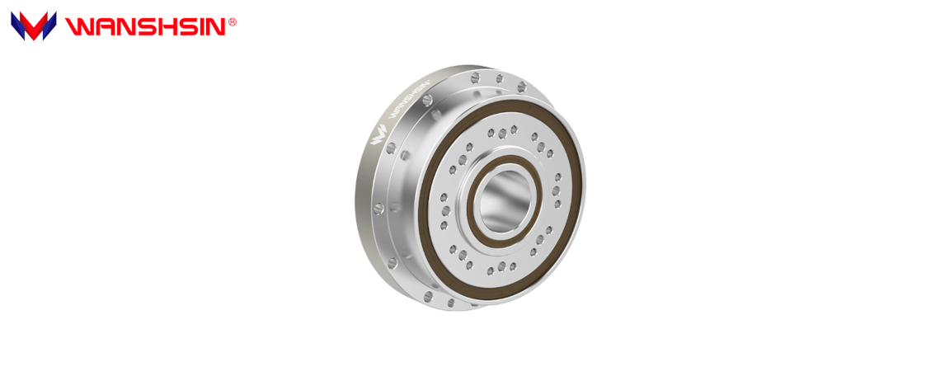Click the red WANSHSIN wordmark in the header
[x=145, y=26]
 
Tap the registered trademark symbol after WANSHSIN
[x=233, y=23]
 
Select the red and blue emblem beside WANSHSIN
[x=33, y=26]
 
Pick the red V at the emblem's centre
[x=33, y=30]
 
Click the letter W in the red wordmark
[x=78, y=27]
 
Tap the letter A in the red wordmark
[x=99, y=27]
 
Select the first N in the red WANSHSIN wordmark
[x=120, y=27]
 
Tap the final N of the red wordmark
[x=212, y=27]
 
